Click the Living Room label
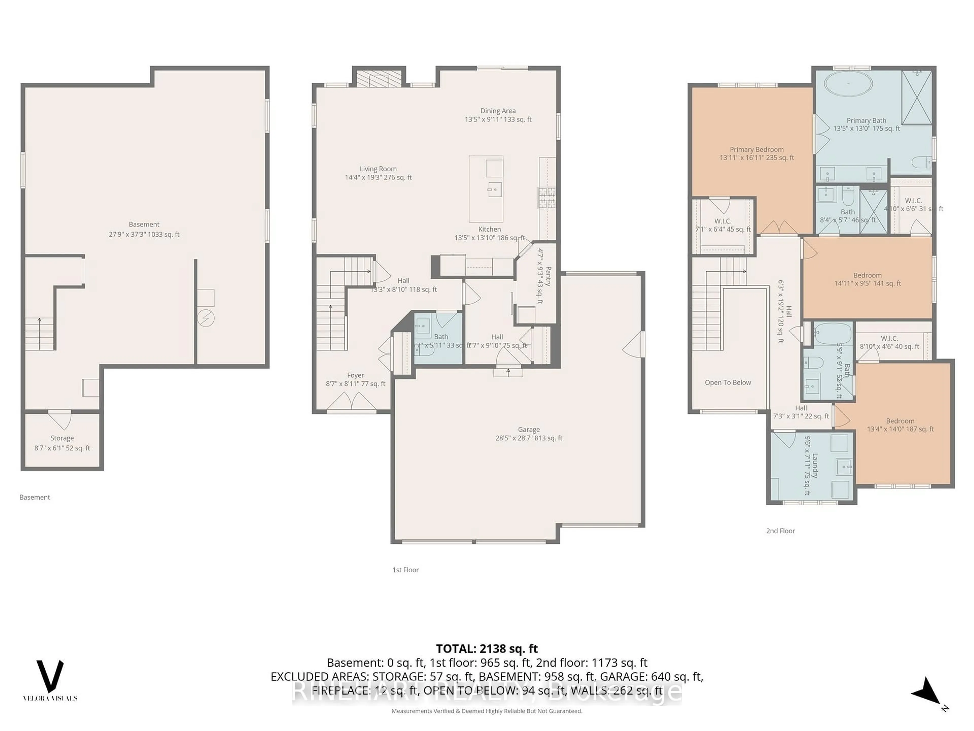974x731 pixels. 378,169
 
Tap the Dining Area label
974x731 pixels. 498,111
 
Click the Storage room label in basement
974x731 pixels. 62,438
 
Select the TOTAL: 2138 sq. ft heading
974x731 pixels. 486,649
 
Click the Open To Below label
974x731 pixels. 727,383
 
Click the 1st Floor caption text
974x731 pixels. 405,570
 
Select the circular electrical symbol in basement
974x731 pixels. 206,318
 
